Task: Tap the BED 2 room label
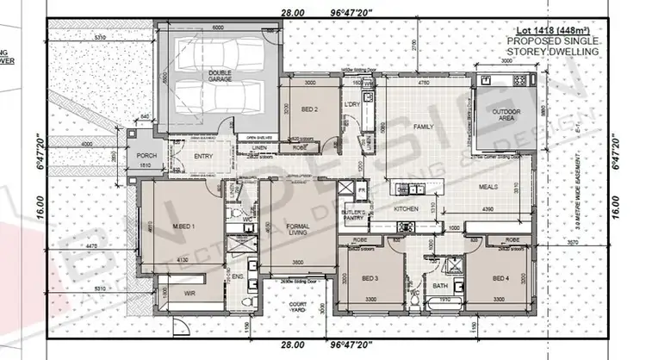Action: pos(310,109)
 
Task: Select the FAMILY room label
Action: pos(423,127)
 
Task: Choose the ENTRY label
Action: pos(203,156)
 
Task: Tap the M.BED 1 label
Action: pos(183,226)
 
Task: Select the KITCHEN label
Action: pos(406,209)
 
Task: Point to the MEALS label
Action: pos(490,186)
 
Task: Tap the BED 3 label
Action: pos(370,279)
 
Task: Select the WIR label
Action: pos(179,293)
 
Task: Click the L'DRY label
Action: pos(351,104)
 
